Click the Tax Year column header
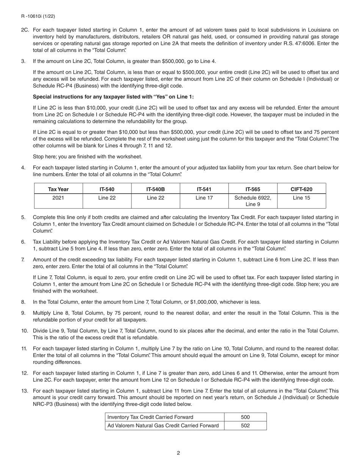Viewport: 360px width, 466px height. pos(58,189)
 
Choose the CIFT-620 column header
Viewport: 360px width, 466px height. pos(301,189)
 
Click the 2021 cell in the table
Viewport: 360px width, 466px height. pos(58,197)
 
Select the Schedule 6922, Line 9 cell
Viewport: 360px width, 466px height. pos(253,201)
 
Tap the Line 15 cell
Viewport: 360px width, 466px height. pos(301,197)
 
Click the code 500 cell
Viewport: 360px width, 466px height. pos(245,417)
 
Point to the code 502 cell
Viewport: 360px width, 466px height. pos(245,425)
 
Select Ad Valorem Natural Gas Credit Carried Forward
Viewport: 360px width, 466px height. pos(163,425)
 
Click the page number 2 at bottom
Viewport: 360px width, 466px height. pos(178,453)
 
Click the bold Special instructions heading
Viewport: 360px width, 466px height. pos(113,97)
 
